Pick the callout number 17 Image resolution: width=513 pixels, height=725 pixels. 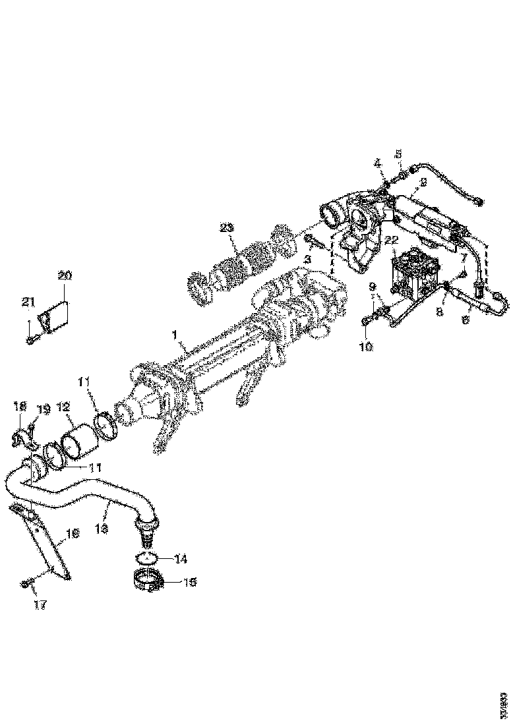40,604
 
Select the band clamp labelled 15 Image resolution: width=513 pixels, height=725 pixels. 150,583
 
